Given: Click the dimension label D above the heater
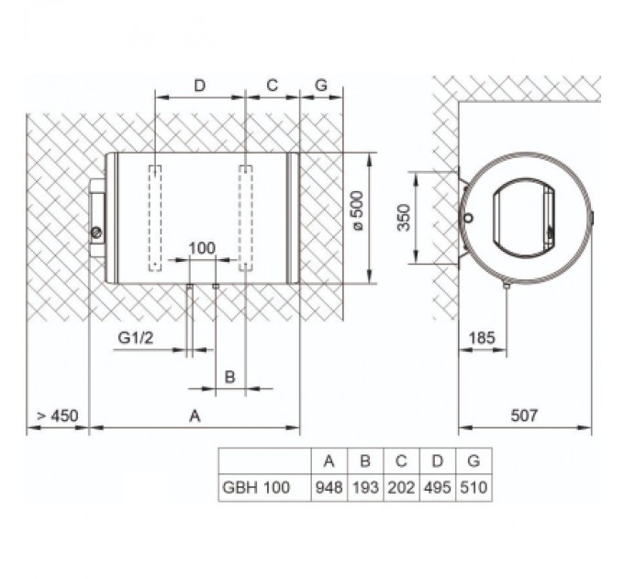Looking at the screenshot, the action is (x=199, y=85).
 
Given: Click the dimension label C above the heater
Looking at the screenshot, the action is (x=273, y=85).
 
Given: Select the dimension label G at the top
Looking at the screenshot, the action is (x=321, y=85).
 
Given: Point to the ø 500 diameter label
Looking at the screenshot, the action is (x=357, y=210).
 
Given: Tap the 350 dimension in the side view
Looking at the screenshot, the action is (x=404, y=218).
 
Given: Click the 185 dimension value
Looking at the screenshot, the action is (x=482, y=338).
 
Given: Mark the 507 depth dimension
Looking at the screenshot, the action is (x=524, y=415).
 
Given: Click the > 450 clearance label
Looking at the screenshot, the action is (x=57, y=415).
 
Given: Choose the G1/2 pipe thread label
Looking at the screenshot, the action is (x=135, y=338).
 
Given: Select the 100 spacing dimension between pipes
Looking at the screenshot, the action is (x=202, y=248).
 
